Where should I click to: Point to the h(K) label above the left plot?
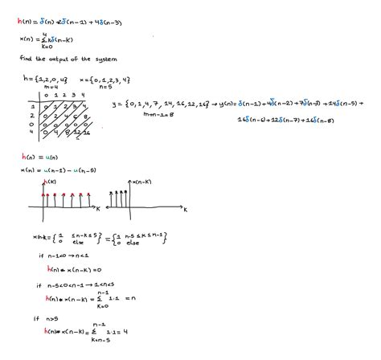[43, 182]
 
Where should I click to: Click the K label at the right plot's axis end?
[186, 209]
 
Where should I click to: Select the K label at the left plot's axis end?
[97, 209]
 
